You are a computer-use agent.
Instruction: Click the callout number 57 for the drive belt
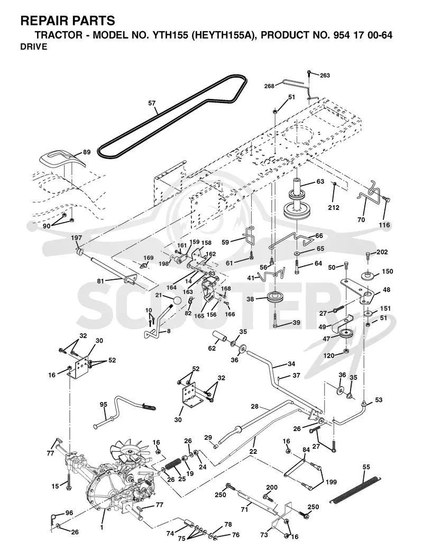click(x=152, y=103)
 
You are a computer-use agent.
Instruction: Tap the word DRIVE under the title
click(x=34, y=47)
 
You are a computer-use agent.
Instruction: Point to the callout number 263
click(x=325, y=76)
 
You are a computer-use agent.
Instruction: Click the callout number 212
click(x=334, y=207)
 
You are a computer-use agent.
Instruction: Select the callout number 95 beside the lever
click(x=104, y=405)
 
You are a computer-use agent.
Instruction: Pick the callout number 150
click(x=388, y=271)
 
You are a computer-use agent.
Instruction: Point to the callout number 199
click(x=331, y=482)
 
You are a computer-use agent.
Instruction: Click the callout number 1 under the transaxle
click(x=102, y=527)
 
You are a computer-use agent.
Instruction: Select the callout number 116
click(x=384, y=225)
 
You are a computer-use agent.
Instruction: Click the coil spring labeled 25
click(x=173, y=465)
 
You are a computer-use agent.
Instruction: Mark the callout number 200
click(x=272, y=488)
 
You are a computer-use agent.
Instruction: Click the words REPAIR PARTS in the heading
click(x=68, y=21)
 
